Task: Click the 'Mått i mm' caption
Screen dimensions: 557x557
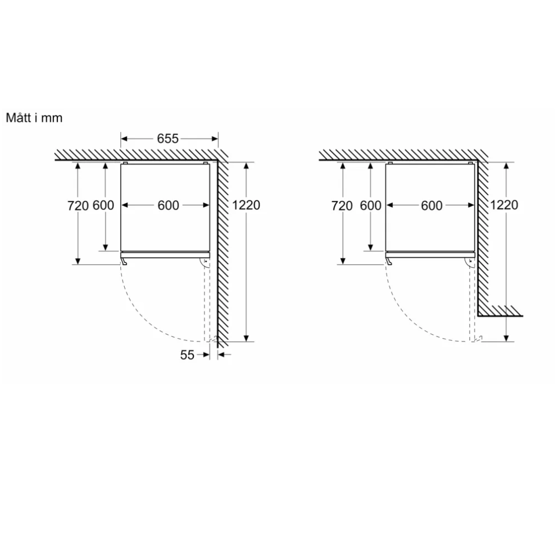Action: (x=34, y=118)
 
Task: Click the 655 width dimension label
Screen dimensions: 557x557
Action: (x=167, y=139)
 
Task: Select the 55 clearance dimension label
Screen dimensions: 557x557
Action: (x=187, y=354)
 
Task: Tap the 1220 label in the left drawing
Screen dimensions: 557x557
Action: (x=246, y=205)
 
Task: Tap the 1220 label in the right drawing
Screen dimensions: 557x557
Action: (x=504, y=205)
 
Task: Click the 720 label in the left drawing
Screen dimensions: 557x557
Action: (x=78, y=206)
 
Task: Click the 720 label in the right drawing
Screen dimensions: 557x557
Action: (x=341, y=206)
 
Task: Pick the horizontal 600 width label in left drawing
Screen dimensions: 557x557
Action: (x=168, y=206)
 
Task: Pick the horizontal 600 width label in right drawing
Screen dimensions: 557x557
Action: (x=431, y=206)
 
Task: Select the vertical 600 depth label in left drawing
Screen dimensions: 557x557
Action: (x=104, y=206)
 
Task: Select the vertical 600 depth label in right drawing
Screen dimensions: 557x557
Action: (x=371, y=206)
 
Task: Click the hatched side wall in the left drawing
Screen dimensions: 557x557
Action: (x=222, y=251)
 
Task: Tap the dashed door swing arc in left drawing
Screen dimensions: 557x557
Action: (x=145, y=317)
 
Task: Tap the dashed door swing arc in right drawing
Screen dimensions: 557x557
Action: (x=409, y=317)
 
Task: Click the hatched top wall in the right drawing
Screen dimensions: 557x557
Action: (x=401, y=155)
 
